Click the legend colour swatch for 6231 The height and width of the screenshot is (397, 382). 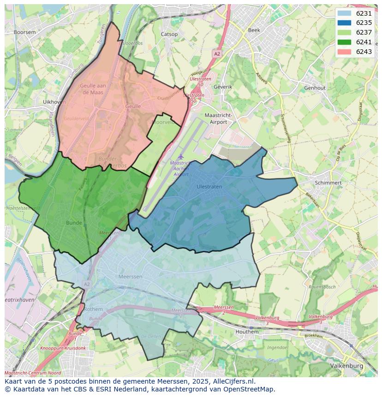point(344,13)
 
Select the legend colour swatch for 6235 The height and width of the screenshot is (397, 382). point(344,23)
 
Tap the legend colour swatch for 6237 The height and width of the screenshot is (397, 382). point(344,32)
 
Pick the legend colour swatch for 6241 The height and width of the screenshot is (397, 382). point(344,42)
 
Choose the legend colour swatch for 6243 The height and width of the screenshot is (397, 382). point(344,52)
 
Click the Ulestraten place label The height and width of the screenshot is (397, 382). point(209,187)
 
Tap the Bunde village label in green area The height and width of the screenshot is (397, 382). point(74,223)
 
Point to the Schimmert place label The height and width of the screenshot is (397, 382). point(328,183)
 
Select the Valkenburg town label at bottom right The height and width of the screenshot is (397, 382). point(346,366)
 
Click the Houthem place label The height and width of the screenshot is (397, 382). point(247,332)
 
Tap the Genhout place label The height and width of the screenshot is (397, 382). point(315,88)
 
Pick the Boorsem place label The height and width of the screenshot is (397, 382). point(24,32)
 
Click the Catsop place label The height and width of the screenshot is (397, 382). point(169,34)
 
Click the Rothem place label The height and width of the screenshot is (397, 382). point(93,309)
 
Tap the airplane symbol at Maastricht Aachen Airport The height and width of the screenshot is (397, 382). point(180,157)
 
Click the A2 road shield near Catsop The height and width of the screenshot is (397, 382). point(217,54)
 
